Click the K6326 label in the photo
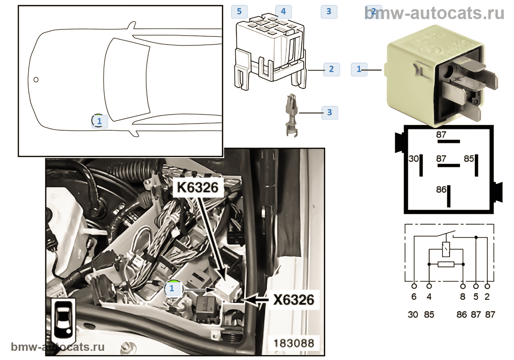[198, 187]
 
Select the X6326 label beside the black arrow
[294, 300]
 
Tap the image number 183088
[294, 343]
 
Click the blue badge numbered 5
[239, 11]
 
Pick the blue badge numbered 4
[283, 11]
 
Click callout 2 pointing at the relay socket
[331, 69]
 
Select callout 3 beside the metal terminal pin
[329, 112]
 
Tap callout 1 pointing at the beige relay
[359, 69]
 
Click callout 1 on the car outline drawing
[99, 121]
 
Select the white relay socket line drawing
[270, 51]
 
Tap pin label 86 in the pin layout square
[441, 190]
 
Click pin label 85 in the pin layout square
[468, 159]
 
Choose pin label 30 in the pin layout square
[413, 159]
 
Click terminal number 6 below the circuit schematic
[414, 297]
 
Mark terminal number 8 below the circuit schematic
[463, 297]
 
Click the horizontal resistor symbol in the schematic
[446, 264]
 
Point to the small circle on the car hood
[36, 80]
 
